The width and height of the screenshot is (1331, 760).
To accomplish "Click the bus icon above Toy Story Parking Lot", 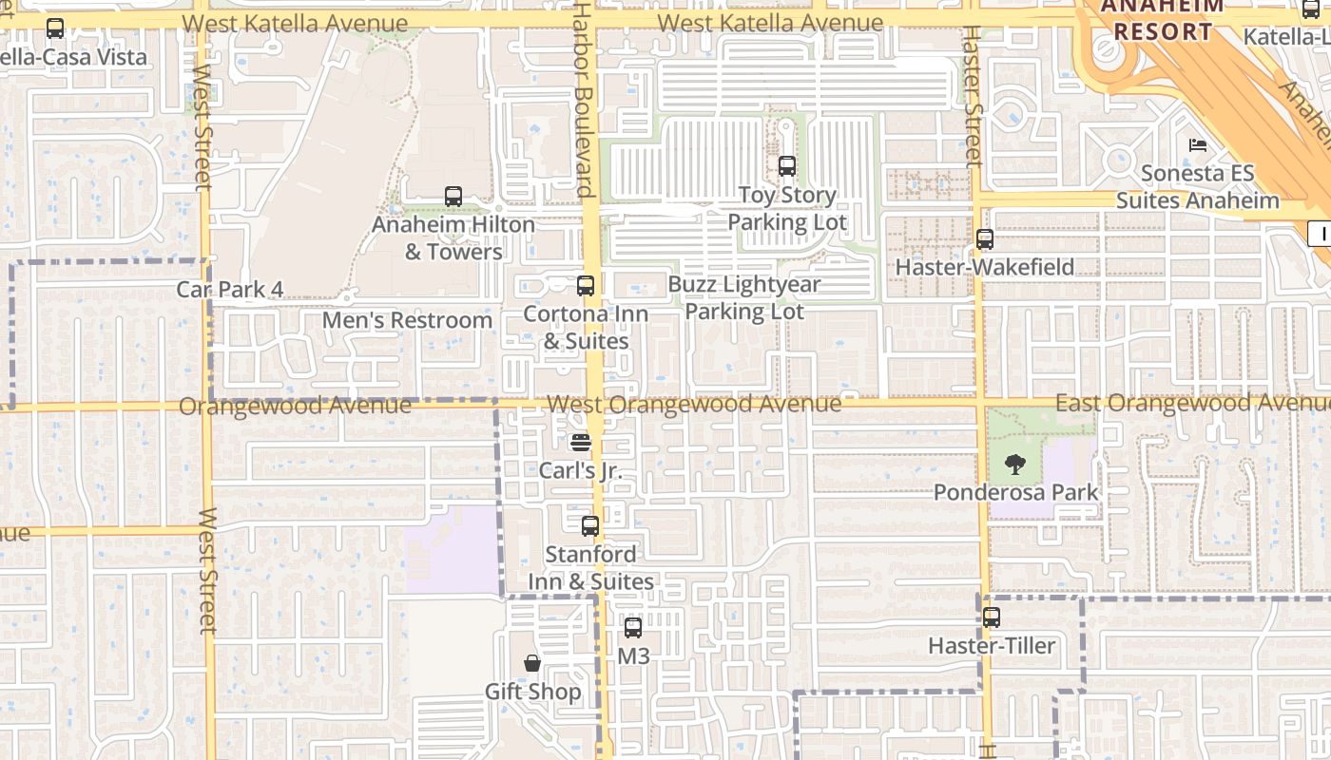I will point(787,166).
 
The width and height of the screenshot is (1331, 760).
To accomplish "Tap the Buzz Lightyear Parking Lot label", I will point(744,297).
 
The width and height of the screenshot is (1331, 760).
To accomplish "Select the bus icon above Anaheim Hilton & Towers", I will point(453,197).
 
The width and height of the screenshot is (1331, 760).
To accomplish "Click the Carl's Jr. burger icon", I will point(581,442).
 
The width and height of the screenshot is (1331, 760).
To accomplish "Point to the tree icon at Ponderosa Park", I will point(1015,465).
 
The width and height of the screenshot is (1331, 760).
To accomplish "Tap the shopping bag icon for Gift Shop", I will point(532,662).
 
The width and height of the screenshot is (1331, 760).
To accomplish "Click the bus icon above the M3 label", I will point(633,627).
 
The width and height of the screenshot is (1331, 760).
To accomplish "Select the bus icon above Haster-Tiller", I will point(992,617).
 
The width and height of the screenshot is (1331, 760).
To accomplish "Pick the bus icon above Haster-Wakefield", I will point(985,239).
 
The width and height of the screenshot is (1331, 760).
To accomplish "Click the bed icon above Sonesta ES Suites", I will point(1198,145).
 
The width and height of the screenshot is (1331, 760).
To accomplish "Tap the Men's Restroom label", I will point(407,320).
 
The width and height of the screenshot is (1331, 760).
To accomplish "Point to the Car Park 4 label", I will point(230,289).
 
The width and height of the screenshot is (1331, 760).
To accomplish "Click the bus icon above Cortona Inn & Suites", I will point(586,285).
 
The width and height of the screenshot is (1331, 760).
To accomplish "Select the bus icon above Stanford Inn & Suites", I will point(590,525).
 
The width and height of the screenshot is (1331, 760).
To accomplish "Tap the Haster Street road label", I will point(972,95).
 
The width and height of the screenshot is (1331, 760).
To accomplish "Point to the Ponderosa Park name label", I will point(1015,492).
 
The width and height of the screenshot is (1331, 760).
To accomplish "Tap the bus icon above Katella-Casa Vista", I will point(55,28).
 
